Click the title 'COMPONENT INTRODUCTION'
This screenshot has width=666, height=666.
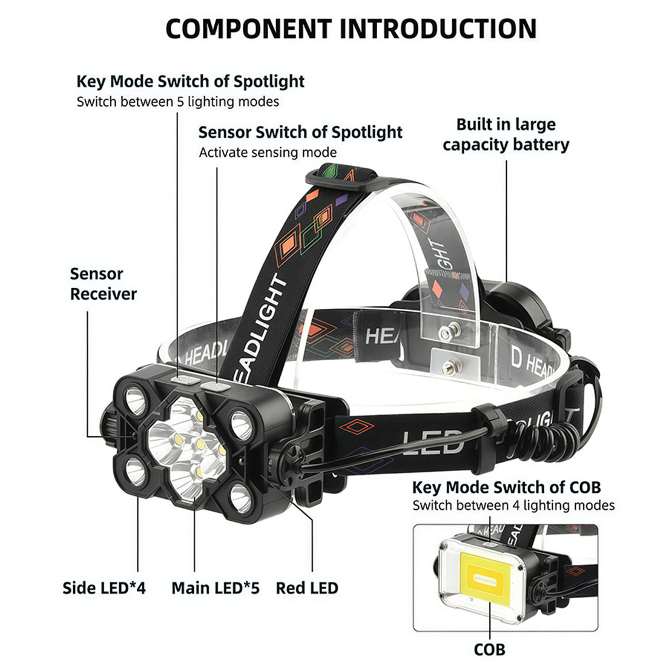[x=351, y=29]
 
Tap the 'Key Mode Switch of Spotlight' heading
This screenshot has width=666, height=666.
[x=190, y=81]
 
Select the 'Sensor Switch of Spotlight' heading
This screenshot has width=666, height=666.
[x=300, y=132]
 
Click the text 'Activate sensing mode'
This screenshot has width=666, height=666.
[x=268, y=153]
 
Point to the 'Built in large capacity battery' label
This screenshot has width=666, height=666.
[x=506, y=134]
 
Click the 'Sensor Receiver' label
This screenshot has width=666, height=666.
[x=103, y=284]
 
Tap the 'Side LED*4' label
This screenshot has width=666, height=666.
[x=104, y=588]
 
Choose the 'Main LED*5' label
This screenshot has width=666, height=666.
[x=216, y=588]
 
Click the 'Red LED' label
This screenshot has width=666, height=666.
[x=307, y=588]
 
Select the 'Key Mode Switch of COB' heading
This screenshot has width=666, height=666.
[x=506, y=487]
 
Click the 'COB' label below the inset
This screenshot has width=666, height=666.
[x=489, y=650]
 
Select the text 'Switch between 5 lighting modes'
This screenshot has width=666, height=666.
[x=178, y=102]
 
